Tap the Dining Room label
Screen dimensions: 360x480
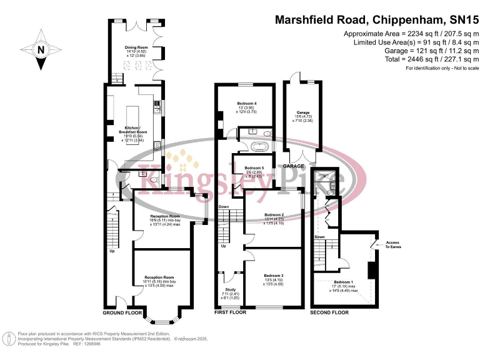[136, 47]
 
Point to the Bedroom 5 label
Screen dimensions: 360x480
[254, 168]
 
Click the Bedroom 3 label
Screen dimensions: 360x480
[273, 276]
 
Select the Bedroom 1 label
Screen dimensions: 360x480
[344, 282]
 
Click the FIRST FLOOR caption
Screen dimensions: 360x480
[230, 311]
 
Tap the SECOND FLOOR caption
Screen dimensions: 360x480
[329, 311]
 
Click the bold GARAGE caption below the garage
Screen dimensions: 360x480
[293, 166]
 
